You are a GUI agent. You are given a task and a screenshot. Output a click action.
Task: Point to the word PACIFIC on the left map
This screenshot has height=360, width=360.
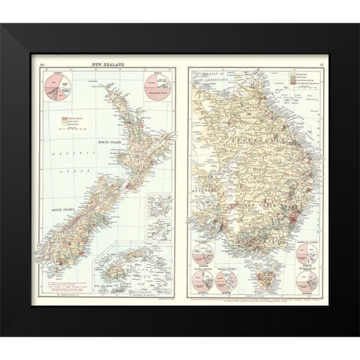(59, 151)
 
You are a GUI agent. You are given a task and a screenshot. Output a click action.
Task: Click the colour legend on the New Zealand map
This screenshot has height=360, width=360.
(71, 123)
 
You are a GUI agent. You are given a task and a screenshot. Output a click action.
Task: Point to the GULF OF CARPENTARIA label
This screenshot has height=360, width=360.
(217, 78)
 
